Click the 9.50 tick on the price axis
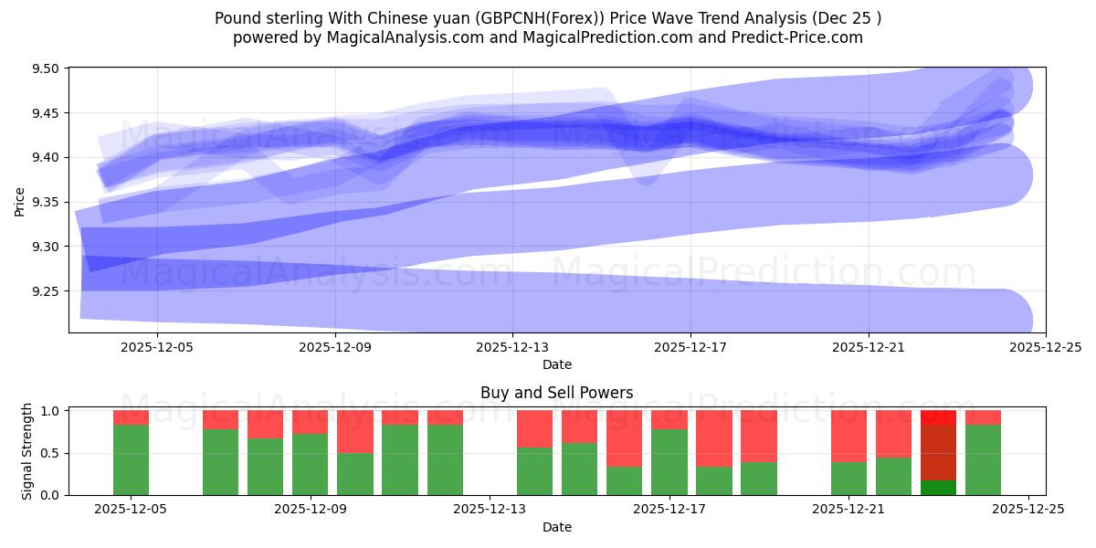(x=46, y=69)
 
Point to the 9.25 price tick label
(x=46, y=291)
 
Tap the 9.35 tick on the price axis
(x=46, y=203)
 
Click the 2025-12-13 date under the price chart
(x=512, y=347)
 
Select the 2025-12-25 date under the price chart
(x=1045, y=347)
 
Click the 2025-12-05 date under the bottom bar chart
(x=132, y=510)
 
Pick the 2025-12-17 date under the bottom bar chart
(x=669, y=510)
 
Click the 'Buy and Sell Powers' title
(x=556, y=394)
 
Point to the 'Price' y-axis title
(x=20, y=200)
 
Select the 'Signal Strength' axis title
(x=27, y=451)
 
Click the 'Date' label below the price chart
(x=556, y=364)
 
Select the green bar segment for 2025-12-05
(x=132, y=459)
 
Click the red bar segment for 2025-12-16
(x=625, y=438)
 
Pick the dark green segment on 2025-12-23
(x=938, y=488)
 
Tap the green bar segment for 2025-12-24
(x=983, y=459)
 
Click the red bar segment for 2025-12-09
(x=311, y=422)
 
